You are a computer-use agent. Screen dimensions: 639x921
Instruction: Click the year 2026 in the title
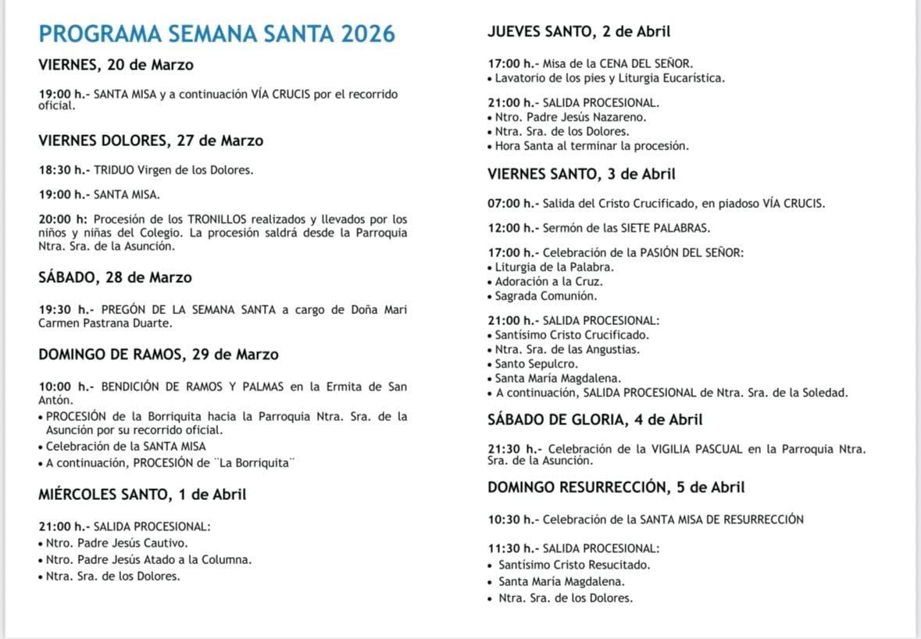click(366, 34)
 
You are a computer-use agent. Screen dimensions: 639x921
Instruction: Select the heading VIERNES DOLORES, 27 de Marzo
click(151, 141)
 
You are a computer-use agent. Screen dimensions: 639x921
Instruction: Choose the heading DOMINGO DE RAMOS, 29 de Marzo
click(159, 355)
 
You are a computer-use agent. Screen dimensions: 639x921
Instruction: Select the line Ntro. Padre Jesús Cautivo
click(116, 543)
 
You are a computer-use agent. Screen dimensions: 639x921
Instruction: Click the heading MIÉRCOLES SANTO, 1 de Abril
click(142, 494)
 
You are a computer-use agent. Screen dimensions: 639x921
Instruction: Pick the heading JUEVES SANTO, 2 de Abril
click(579, 32)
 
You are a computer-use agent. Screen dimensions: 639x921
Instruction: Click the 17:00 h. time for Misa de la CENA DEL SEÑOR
click(512, 63)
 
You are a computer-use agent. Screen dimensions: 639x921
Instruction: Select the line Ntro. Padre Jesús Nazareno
click(570, 117)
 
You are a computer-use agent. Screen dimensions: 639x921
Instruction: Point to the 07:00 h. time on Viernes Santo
click(512, 204)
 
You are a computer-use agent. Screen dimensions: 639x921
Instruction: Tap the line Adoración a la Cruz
click(548, 281)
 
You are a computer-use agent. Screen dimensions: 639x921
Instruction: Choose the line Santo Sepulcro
click(536, 364)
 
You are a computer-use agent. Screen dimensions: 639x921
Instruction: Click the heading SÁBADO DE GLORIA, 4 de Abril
click(595, 420)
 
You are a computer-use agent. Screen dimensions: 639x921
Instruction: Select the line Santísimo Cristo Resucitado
click(574, 565)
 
